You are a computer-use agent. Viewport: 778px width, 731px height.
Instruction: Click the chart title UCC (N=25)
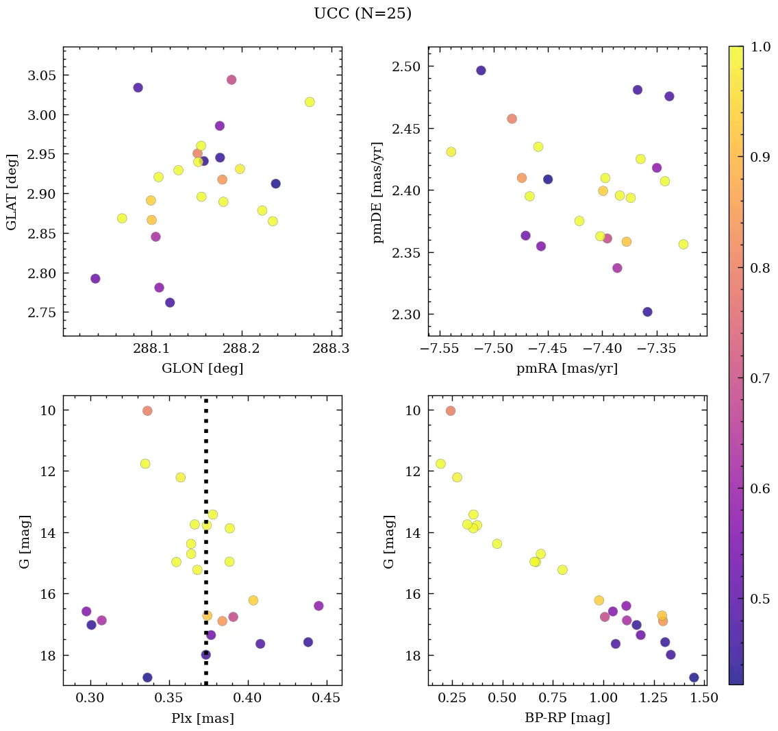pyautogui.click(x=362, y=14)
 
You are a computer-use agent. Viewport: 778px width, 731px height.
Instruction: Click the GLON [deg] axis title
pyautogui.click(x=202, y=369)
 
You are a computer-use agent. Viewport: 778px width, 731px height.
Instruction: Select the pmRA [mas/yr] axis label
pyautogui.click(x=567, y=369)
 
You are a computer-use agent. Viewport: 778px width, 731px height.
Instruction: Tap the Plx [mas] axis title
pyautogui.click(x=202, y=719)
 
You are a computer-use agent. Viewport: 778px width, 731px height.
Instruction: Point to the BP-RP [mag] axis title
pyautogui.click(x=567, y=719)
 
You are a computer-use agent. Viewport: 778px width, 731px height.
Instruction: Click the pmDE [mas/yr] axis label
pyautogui.click(x=377, y=192)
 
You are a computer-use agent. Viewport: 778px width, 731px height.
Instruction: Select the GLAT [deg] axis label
pyautogui.click(x=12, y=192)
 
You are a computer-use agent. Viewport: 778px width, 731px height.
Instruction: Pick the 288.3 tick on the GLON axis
pyautogui.click(x=332, y=349)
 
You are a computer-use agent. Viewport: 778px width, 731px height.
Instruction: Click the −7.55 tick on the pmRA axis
pyautogui.click(x=440, y=349)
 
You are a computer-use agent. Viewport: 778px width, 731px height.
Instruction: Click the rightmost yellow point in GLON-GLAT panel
pyautogui.click(x=310, y=102)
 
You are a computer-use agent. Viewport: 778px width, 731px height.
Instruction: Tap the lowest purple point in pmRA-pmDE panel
pyautogui.click(x=647, y=312)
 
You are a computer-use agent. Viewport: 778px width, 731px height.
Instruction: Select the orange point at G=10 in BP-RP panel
pyautogui.click(x=450, y=411)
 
